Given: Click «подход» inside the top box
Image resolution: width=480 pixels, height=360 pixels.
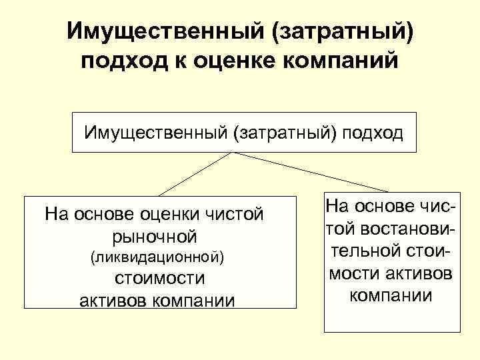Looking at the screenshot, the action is pos(373,132).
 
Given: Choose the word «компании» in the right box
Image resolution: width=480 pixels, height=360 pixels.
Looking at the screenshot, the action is pos(391,295).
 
